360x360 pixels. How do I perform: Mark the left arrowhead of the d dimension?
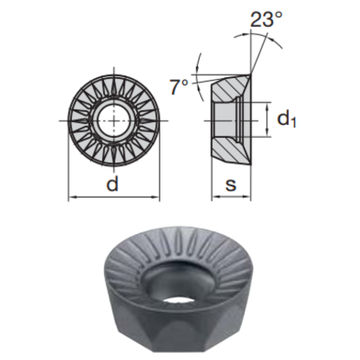tap(72, 197)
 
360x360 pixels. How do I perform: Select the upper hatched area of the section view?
tap(230, 88)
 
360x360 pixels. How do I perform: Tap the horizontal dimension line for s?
tap(231, 197)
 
